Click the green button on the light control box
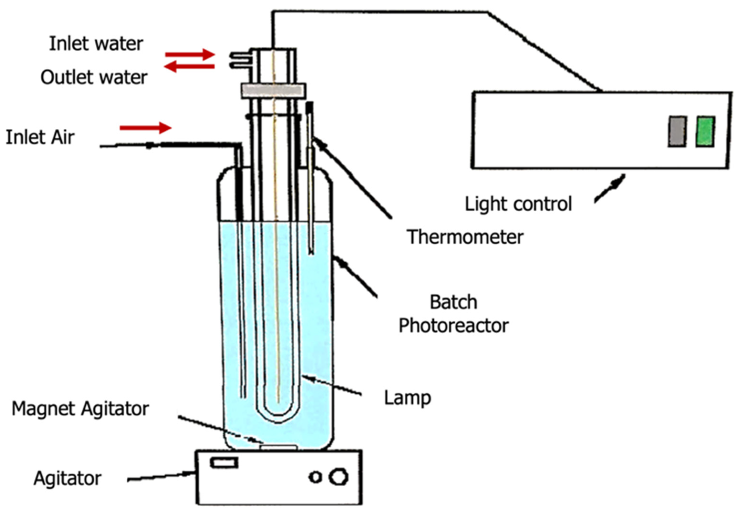(705, 132)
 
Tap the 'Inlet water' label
(96, 44)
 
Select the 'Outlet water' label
(94, 77)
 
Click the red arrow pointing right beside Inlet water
(190, 54)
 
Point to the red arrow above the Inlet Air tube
(145, 128)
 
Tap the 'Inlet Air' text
(40, 137)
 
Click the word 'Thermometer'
(465, 237)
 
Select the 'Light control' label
(518, 204)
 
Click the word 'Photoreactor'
(453, 326)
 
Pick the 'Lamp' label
(407, 398)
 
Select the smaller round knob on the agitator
(315, 477)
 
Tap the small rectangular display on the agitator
(224, 463)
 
